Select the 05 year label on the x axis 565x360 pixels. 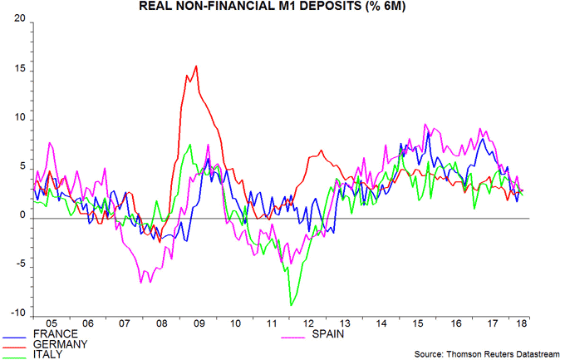click(51, 323)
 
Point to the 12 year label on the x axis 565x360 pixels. click(307, 323)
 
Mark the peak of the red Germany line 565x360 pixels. click(196, 67)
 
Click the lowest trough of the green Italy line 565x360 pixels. click(291, 305)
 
